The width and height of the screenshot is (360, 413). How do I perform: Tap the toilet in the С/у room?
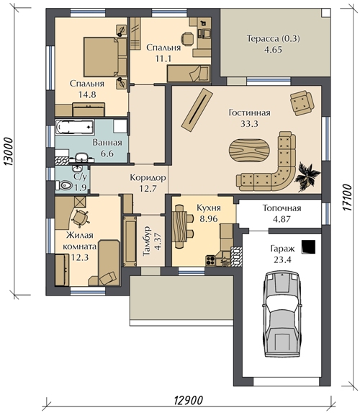click(x=64, y=185)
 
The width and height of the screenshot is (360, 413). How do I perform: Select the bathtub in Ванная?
click(x=74, y=128)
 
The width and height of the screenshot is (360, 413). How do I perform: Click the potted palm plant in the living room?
click(x=307, y=176)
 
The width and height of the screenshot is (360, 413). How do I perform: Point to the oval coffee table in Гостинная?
click(x=249, y=151)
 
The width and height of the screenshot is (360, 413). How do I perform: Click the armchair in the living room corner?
click(x=302, y=103)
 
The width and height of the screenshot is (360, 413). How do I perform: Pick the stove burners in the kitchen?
click(x=210, y=260)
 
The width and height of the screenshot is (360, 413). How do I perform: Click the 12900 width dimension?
click(x=189, y=401)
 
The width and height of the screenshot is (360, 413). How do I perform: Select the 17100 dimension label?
click(x=347, y=197)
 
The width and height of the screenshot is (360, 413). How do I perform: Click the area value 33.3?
click(x=249, y=123)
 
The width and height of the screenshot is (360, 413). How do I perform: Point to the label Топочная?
click(x=282, y=208)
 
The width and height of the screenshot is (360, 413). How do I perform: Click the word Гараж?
click(x=282, y=249)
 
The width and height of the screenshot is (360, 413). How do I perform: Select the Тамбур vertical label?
click(x=147, y=241)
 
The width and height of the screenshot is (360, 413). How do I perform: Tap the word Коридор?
click(x=148, y=177)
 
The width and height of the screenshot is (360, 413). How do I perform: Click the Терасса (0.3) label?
click(x=274, y=39)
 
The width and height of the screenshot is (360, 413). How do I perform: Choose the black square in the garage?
click(x=308, y=247)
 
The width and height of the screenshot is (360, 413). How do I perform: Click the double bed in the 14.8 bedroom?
click(x=105, y=57)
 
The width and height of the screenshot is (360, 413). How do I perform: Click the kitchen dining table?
click(x=179, y=226)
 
